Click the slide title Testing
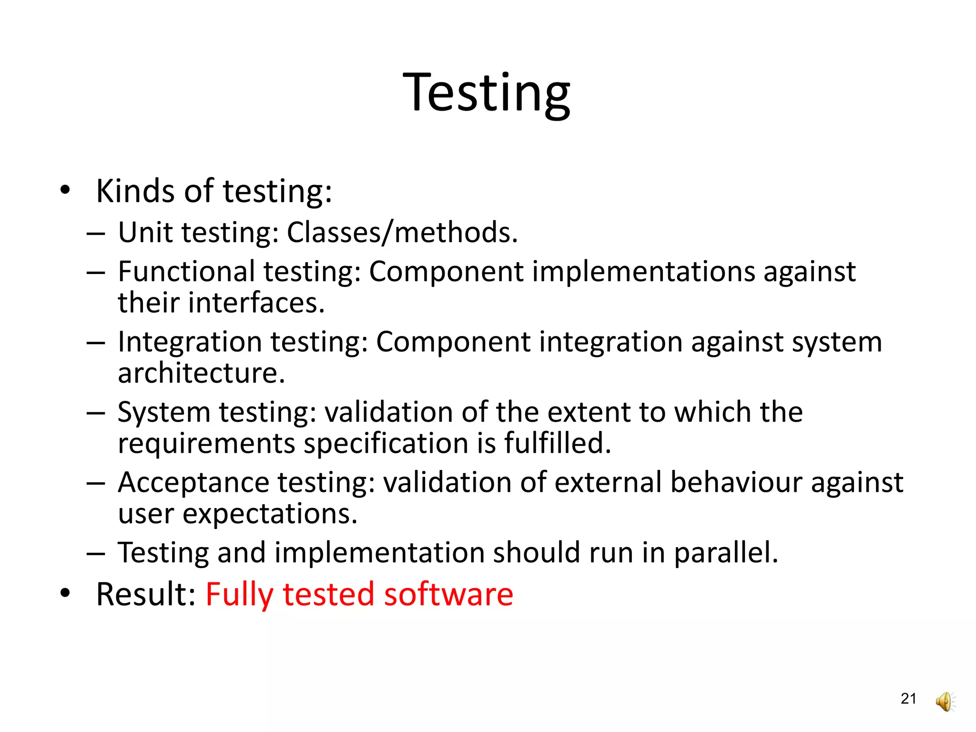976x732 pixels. (487, 93)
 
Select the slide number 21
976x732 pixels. (908, 699)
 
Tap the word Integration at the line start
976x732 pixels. (190, 342)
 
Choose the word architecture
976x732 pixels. (201, 373)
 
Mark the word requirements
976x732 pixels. (206, 444)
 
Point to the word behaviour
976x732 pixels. (736, 482)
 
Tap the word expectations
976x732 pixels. (270, 514)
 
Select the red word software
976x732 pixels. (448, 595)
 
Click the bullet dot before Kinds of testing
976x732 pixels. (65, 191)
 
